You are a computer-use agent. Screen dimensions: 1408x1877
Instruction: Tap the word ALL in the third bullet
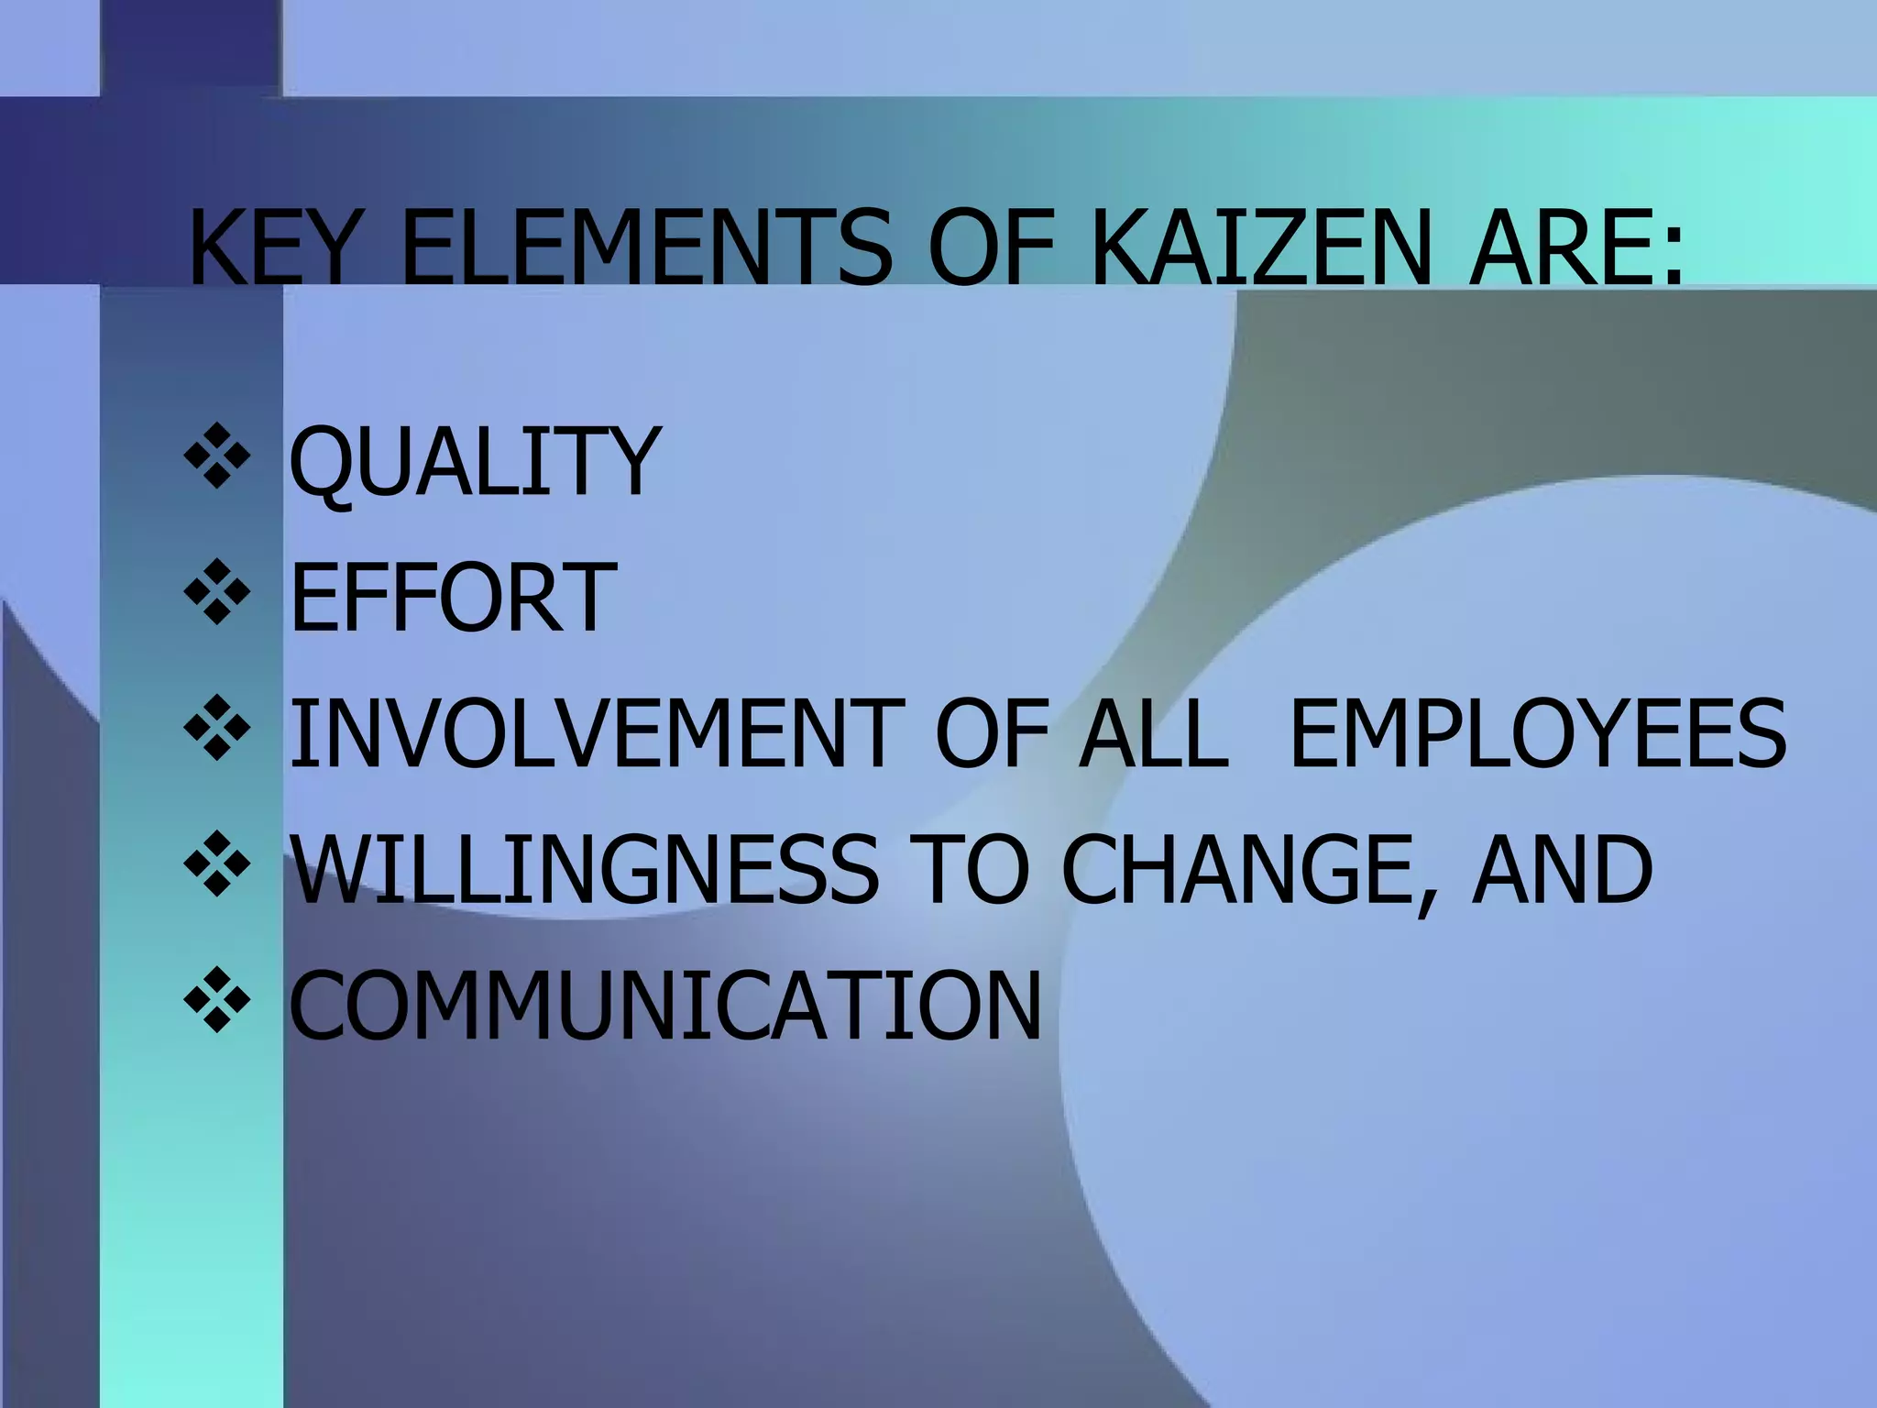tap(1152, 733)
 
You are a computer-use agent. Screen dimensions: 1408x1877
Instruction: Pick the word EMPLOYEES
tap(1537, 733)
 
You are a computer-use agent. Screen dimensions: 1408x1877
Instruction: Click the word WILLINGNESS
tap(584, 869)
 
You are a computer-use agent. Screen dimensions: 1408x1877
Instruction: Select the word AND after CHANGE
tap(1563, 869)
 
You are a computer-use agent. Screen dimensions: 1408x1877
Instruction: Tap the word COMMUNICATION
tap(665, 1005)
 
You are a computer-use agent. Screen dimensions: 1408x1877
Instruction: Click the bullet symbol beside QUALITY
tap(217, 456)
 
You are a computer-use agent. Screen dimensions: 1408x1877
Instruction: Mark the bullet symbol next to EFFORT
tap(217, 592)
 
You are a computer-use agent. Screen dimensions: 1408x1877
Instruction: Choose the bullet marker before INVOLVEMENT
tap(217, 728)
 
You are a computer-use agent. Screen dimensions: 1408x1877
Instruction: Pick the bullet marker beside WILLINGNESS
tap(217, 863)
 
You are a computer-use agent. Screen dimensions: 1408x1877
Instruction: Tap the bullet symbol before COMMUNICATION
tap(217, 1000)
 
